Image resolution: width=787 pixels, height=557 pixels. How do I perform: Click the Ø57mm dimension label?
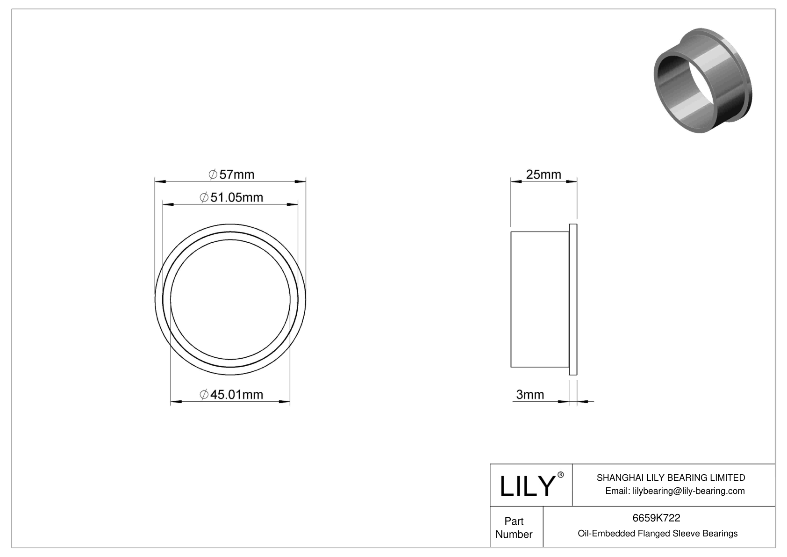232,174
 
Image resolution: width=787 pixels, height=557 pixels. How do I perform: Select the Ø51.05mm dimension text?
232,197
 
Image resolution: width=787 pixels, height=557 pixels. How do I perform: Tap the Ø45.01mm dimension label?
232,395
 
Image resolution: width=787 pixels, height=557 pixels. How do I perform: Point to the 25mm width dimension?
544,174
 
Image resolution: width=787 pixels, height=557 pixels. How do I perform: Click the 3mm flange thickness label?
530,395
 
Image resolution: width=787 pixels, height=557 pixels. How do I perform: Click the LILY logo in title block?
527,485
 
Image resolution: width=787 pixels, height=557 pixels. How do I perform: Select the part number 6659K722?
656,518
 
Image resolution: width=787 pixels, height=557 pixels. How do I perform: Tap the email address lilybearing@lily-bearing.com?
675,491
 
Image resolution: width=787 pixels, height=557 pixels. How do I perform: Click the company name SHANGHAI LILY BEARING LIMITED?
671,477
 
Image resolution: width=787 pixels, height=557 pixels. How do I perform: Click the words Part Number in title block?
514,528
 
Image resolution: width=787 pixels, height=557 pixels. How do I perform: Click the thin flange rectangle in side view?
573,299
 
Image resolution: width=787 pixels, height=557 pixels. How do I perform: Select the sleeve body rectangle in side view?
540,299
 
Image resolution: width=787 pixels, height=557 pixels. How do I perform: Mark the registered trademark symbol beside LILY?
561,475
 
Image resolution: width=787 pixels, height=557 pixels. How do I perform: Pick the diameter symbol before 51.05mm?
204,198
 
